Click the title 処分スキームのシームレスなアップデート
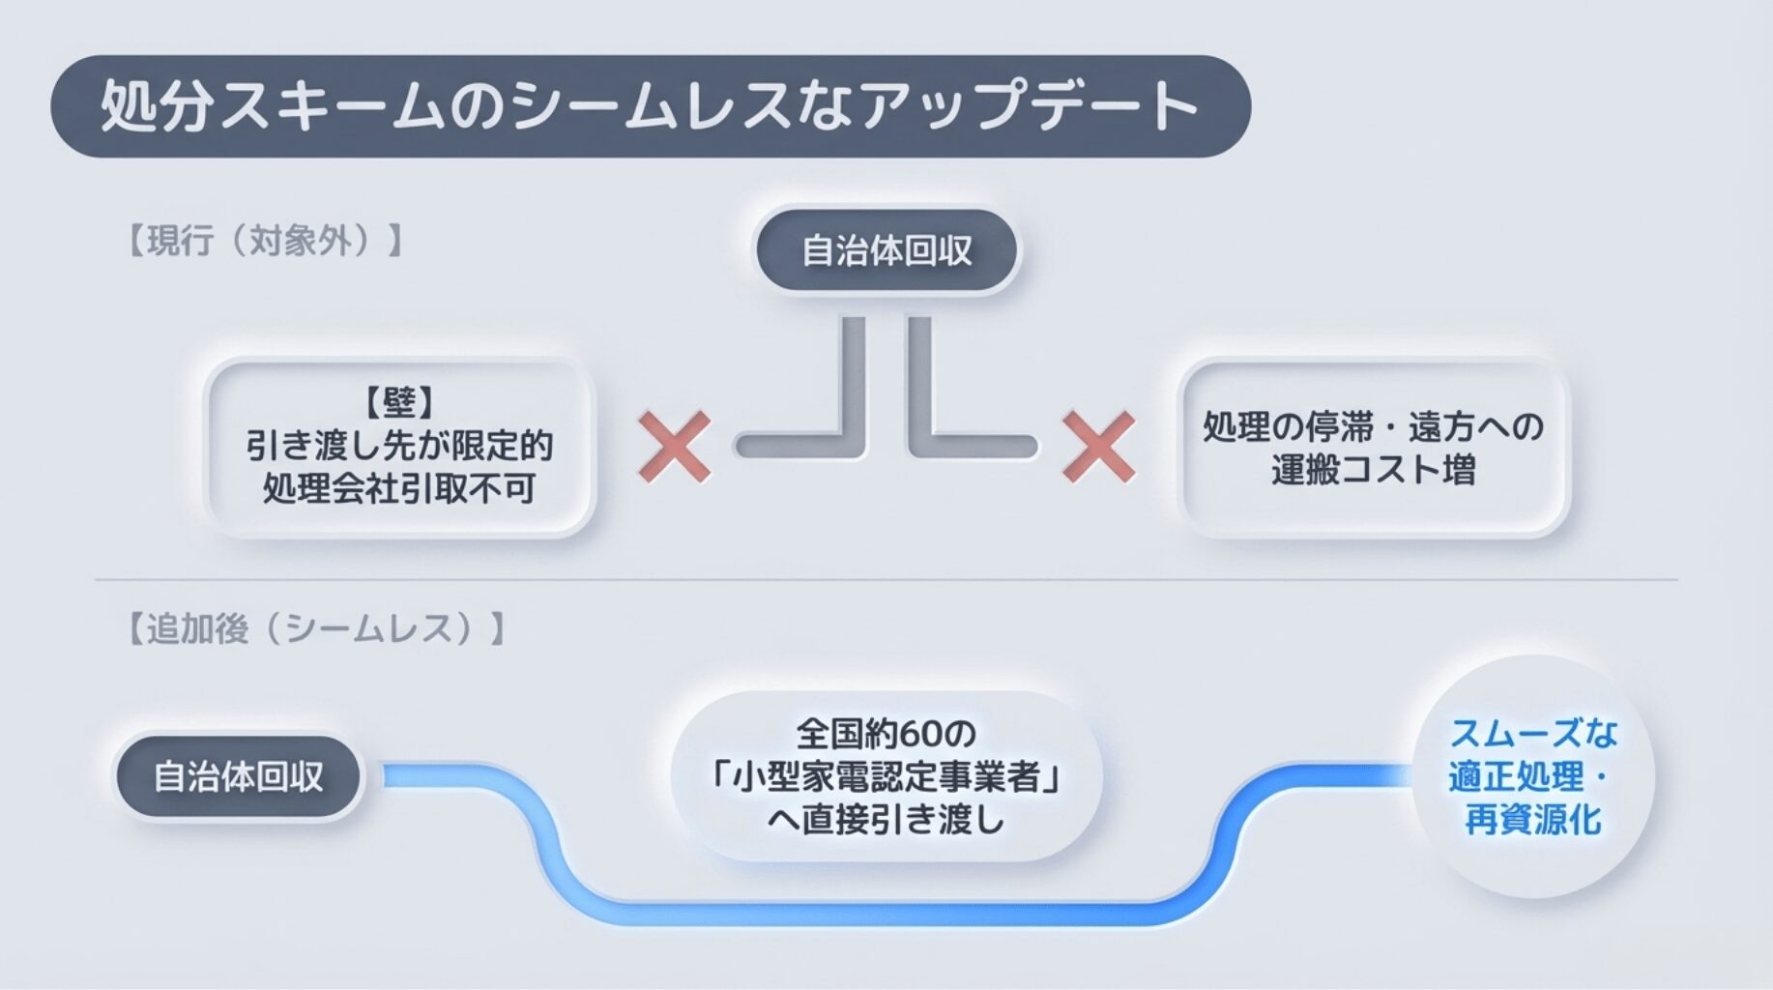[650, 106]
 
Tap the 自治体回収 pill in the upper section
[886, 251]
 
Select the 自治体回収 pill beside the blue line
[238, 777]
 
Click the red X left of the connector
[674, 446]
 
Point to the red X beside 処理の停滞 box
[1098, 446]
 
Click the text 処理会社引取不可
[399, 489]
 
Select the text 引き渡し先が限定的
[399, 446]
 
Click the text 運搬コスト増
[1373, 470]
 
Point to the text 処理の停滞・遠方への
[1373, 426]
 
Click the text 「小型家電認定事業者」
[886, 777]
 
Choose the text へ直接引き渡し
[886, 820]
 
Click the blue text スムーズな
[1533, 734]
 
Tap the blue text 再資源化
[1533, 820]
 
